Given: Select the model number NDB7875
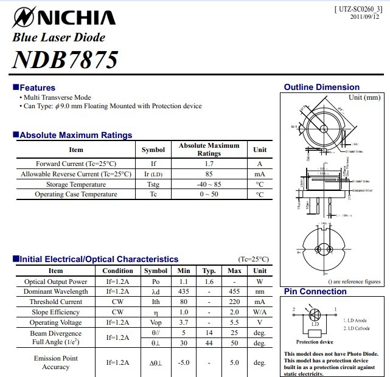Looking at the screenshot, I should click(65, 60).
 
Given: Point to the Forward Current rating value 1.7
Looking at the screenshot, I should click(209, 164).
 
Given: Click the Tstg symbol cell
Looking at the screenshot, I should click(153, 184).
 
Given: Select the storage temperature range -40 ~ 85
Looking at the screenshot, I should click(209, 184).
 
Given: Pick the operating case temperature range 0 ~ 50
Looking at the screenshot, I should click(209, 195).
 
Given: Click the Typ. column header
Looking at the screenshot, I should click(209, 271).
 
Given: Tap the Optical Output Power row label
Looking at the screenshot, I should click(55, 282).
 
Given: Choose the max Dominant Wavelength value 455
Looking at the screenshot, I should click(234, 292).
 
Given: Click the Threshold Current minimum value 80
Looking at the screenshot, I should click(184, 302).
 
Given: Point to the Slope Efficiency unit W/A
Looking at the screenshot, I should click(260, 312).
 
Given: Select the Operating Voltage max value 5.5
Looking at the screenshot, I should click(234, 322).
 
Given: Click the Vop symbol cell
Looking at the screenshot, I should click(156, 322).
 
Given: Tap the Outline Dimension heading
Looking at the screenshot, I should click(321, 87).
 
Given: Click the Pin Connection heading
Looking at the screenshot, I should click(315, 292).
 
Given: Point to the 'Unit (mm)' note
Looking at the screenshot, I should click(364, 97).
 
